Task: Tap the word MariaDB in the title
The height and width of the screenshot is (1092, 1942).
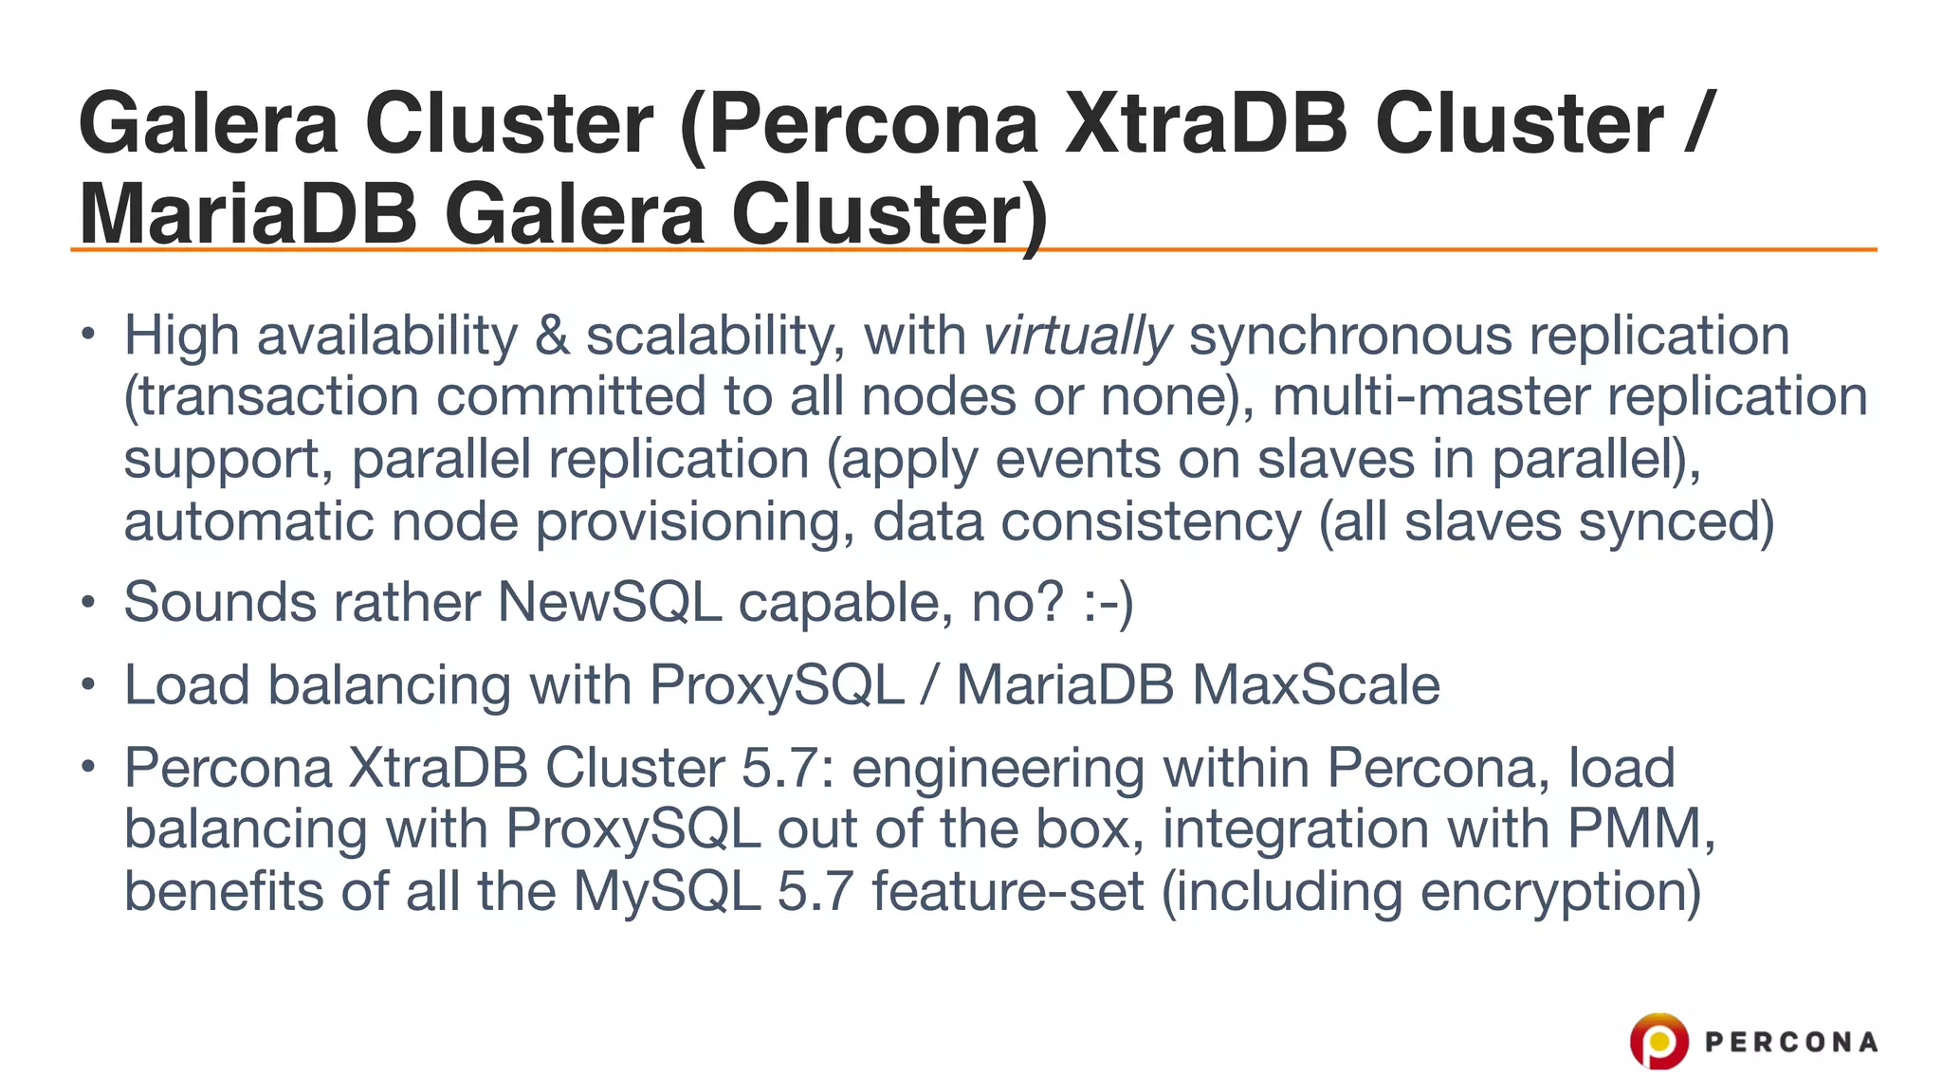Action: point(248,214)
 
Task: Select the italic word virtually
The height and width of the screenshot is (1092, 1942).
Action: point(1078,337)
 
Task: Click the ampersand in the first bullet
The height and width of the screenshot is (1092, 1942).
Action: point(552,337)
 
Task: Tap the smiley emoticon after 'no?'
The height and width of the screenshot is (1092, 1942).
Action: point(1108,603)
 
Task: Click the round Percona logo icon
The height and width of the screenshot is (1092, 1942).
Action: point(1658,1041)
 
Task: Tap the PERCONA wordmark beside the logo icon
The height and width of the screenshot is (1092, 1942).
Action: point(1791,1043)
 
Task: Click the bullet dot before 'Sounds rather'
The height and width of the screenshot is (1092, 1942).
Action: point(88,602)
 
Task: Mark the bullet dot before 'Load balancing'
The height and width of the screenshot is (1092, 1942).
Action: point(88,684)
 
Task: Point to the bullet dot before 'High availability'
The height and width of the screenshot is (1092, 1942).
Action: point(88,334)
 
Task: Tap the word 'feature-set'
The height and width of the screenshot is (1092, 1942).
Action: point(1008,892)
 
